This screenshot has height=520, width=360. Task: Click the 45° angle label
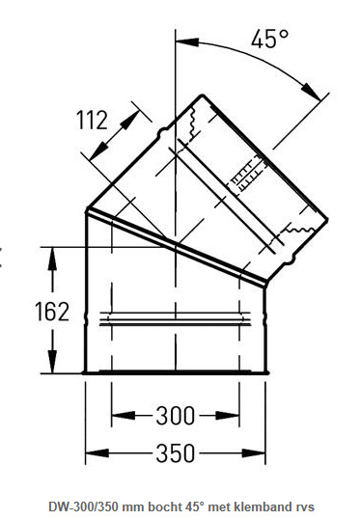269,39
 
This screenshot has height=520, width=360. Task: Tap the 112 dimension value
92,120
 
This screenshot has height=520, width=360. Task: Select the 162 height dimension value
52,312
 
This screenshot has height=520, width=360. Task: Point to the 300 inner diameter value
176,416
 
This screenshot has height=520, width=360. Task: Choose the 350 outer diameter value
176,453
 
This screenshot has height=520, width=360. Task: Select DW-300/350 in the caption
84,506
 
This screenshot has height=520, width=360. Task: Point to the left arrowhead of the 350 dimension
97,453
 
